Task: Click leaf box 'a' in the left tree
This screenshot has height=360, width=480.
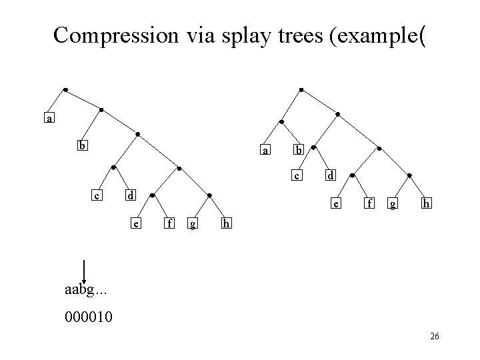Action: [x=48, y=119]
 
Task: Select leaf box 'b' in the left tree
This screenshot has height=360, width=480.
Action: [x=81, y=145]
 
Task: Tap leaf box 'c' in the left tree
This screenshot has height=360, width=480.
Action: [x=97, y=196]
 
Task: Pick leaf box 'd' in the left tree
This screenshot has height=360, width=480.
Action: [x=131, y=196]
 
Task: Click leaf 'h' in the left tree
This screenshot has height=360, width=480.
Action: [x=227, y=223]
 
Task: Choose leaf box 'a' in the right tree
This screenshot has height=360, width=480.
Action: [x=266, y=151]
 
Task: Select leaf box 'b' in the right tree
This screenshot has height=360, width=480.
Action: [x=299, y=151]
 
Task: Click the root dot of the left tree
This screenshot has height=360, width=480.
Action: [x=65, y=89]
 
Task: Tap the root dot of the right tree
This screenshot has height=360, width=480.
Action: [x=301, y=89]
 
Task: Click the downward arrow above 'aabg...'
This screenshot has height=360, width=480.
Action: [x=84, y=270]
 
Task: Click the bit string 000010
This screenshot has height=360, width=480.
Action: [x=89, y=315]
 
